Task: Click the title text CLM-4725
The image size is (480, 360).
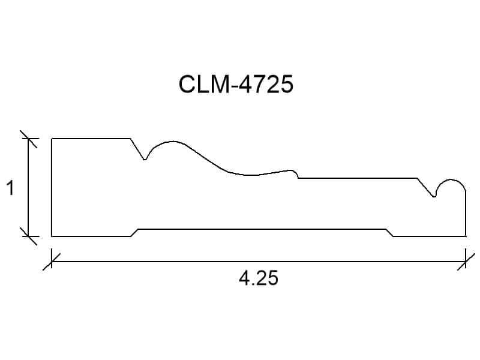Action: point(236,84)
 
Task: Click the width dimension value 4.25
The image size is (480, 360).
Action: point(259,278)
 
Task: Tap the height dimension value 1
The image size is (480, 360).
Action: point(11,188)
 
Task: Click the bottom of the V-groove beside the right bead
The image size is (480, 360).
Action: point(434,197)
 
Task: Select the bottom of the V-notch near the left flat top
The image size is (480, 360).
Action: point(145,159)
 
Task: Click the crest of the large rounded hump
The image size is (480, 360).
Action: point(173,142)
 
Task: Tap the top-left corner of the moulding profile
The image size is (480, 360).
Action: point(52,139)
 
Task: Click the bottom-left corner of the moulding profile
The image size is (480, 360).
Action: point(52,236)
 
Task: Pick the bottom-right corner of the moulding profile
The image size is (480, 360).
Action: point(466,236)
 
